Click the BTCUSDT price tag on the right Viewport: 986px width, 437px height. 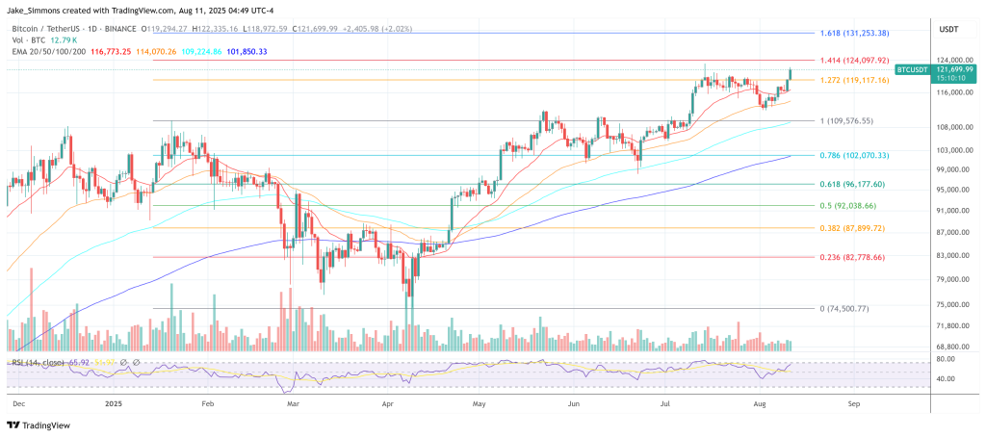point(912,70)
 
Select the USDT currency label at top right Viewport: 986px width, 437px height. point(948,29)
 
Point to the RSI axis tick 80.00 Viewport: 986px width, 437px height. point(946,359)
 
